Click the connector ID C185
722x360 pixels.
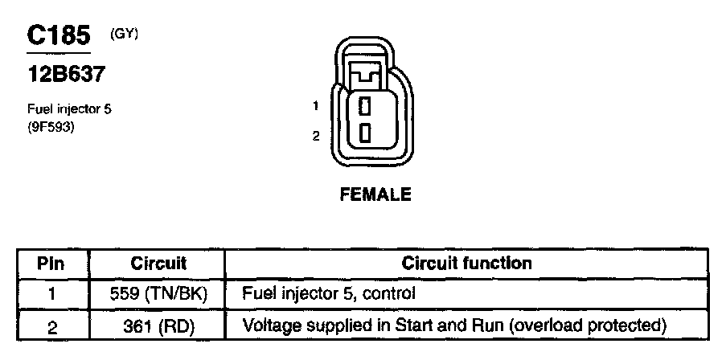pos(58,36)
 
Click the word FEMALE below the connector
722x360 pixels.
pos(375,195)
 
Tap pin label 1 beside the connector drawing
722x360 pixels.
pos(317,105)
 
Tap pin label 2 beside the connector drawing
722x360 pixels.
pos(317,137)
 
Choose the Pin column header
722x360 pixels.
pos(51,263)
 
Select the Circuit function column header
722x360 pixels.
pos(466,263)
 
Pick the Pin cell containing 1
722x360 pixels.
pos(51,294)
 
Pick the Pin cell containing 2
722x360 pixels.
pos(51,325)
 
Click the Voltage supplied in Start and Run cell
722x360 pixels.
pos(455,325)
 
